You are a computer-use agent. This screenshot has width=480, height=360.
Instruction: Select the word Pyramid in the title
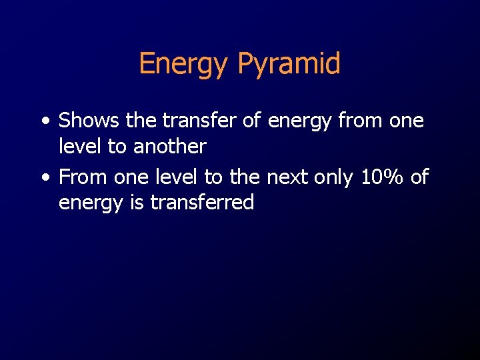[289, 64]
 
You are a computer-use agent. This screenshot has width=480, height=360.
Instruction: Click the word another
[170, 146]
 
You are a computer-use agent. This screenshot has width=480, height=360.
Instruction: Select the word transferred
[202, 202]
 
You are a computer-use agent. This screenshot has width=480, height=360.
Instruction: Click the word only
[335, 177]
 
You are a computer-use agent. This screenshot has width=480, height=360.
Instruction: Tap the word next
[286, 177]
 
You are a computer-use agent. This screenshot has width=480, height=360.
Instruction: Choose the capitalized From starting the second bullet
[83, 177]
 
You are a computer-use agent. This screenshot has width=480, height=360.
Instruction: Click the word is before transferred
[137, 202]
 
